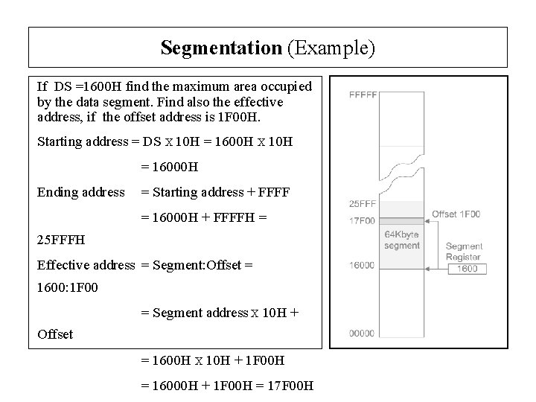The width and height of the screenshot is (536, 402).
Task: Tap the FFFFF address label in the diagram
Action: click(363, 95)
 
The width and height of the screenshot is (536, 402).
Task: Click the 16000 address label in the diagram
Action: click(363, 264)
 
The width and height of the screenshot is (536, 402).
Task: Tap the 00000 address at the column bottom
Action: click(363, 334)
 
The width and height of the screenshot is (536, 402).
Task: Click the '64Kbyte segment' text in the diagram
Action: click(402, 240)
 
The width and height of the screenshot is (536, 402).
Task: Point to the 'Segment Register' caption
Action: click(464, 251)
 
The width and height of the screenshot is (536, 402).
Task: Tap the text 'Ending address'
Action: click(81, 192)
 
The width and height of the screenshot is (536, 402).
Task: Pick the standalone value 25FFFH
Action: click(61, 240)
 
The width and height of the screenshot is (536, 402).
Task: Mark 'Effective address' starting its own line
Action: click(86, 264)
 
